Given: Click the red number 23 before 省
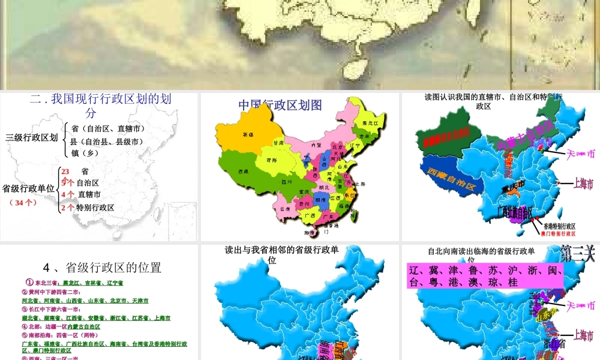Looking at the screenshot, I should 65,171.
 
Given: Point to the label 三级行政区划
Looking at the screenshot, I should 31,137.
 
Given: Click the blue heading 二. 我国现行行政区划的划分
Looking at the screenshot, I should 100,106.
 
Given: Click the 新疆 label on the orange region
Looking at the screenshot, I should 246,134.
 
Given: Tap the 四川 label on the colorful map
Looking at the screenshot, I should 286,181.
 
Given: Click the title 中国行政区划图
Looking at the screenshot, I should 280,105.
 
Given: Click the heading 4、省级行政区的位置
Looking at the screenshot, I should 102,267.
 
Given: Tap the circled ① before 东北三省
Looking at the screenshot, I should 28,282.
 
